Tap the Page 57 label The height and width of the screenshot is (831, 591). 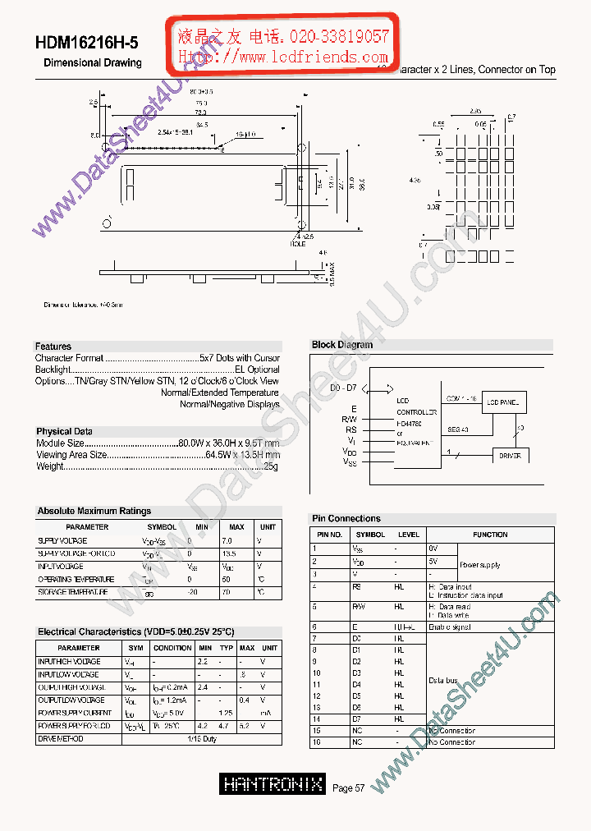(x=348, y=788)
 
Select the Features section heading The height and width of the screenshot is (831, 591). (x=53, y=347)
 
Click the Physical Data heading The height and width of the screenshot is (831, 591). (x=64, y=431)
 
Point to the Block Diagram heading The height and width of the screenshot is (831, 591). (x=342, y=345)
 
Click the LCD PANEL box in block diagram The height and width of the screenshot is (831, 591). (x=503, y=402)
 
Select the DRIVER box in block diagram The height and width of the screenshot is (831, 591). (x=510, y=455)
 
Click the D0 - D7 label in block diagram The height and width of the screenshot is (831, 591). (x=344, y=387)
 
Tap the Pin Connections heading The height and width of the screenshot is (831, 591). (x=346, y=518)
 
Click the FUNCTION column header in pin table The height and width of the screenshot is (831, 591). (x=490, y=535)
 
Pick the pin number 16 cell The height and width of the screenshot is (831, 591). (x=316, y=742)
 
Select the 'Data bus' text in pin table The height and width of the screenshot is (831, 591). (x=443, y=681)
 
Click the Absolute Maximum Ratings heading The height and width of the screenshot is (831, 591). (x=94, y=511)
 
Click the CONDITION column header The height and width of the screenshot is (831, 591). (x=172, y=648)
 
